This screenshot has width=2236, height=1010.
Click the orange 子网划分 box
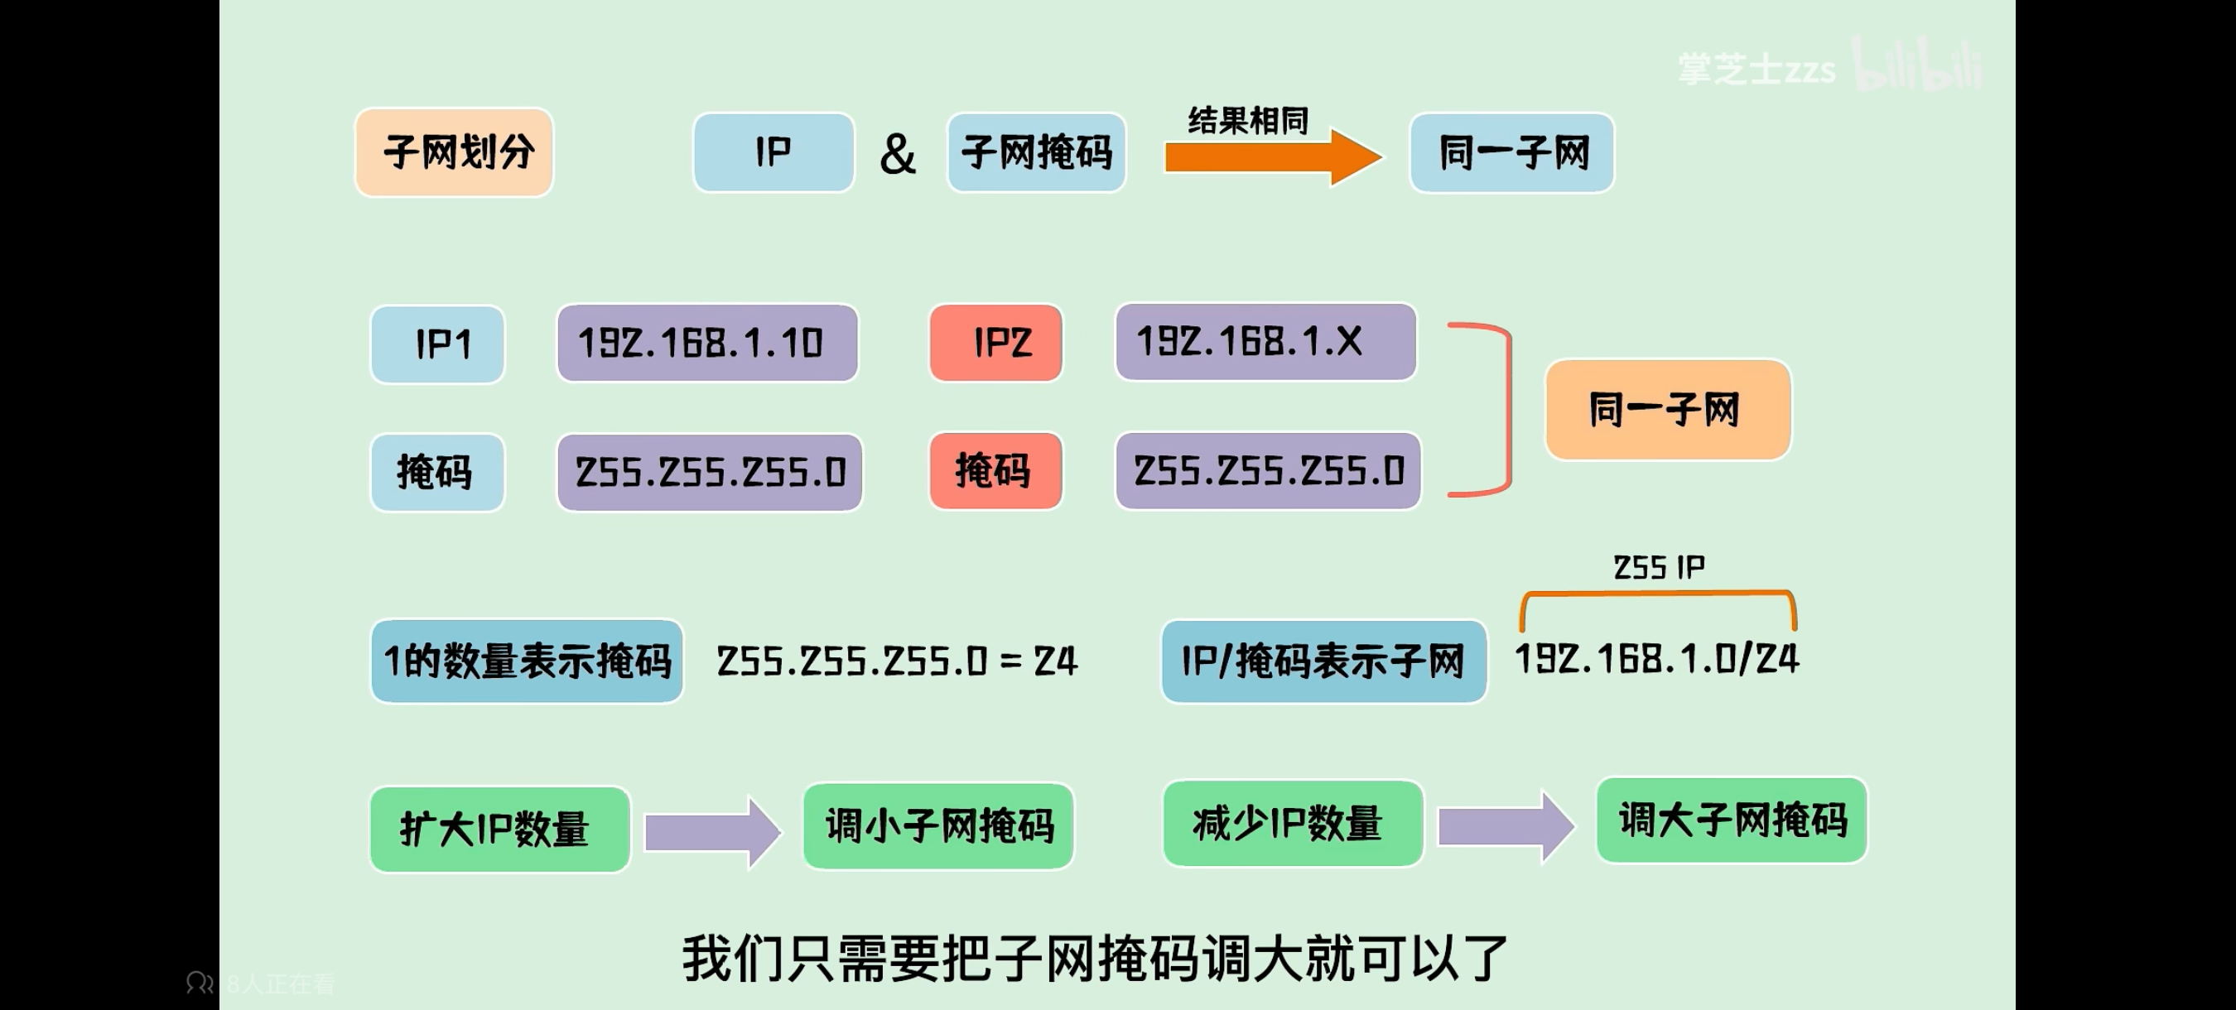[454, 152]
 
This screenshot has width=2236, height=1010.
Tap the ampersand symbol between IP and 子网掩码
[898, 155]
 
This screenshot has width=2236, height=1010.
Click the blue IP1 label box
[437, 344]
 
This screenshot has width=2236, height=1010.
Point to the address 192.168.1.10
[706, 343]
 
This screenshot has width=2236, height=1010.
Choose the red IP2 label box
[995, 343]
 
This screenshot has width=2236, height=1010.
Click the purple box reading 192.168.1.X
[1265, 342]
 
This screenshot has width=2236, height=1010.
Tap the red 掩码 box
[995, 471]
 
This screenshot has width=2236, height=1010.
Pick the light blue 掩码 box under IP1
[437, 473]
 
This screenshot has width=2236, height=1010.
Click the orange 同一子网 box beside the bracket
[1666, 410]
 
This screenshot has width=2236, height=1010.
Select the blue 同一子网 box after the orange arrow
[1511, 152]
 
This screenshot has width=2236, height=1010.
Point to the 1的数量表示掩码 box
[526, 661]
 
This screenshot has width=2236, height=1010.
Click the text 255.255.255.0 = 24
[897, 661]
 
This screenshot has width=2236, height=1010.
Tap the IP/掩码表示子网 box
[1323, 661]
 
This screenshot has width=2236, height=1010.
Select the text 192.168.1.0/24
[1656, 660]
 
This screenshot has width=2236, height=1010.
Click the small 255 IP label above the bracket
[1658, 567]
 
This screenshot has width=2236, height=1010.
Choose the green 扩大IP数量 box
[499, 829]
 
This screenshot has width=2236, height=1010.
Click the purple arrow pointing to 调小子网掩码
[711, 832]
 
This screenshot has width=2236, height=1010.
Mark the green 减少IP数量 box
[1292, 824]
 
